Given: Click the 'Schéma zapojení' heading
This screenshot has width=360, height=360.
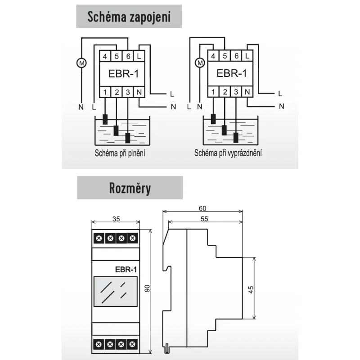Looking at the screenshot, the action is click(x=129, y=17).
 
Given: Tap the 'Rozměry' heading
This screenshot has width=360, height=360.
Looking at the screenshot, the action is click(x=130, y=188).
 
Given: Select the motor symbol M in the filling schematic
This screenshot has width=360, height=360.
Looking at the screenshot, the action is click(x=81, y=63).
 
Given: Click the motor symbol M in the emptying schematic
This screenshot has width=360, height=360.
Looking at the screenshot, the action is click(x=200, y=63).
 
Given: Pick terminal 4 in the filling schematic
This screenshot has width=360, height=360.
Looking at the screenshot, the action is click(x=105, y=56).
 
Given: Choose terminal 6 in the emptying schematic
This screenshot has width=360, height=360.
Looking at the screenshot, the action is click(x=236, y=56).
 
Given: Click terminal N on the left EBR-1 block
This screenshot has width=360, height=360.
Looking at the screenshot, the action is click(x=139, y=92).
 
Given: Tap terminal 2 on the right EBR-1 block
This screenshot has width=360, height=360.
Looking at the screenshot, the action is click(x=225, y=92).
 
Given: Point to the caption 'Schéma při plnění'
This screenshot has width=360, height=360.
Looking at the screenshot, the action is click(x=120, y=153).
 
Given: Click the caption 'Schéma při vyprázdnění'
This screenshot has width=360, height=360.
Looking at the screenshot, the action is click(x=228, y=153).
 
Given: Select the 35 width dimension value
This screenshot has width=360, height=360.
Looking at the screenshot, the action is click(x=116, y=219).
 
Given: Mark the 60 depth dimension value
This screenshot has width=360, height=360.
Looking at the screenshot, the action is click(x=202, y=208).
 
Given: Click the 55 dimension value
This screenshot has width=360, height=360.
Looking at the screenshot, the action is click(x=204, y=219).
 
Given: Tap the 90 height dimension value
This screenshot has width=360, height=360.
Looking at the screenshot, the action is click(x=147, y=288).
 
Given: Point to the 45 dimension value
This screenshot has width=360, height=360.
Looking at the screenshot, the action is click(x=251, y=289).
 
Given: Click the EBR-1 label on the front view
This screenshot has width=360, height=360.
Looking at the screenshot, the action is click(x=126, y=269).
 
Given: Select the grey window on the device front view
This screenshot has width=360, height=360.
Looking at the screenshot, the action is click(x=116, y=291).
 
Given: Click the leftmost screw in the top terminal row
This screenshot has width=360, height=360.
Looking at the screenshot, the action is click(x=99, y=238).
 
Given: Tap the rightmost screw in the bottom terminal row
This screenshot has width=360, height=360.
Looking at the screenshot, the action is click(x=132, y=344).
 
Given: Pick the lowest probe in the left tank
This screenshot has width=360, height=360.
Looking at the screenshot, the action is click(x=128, y=138).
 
